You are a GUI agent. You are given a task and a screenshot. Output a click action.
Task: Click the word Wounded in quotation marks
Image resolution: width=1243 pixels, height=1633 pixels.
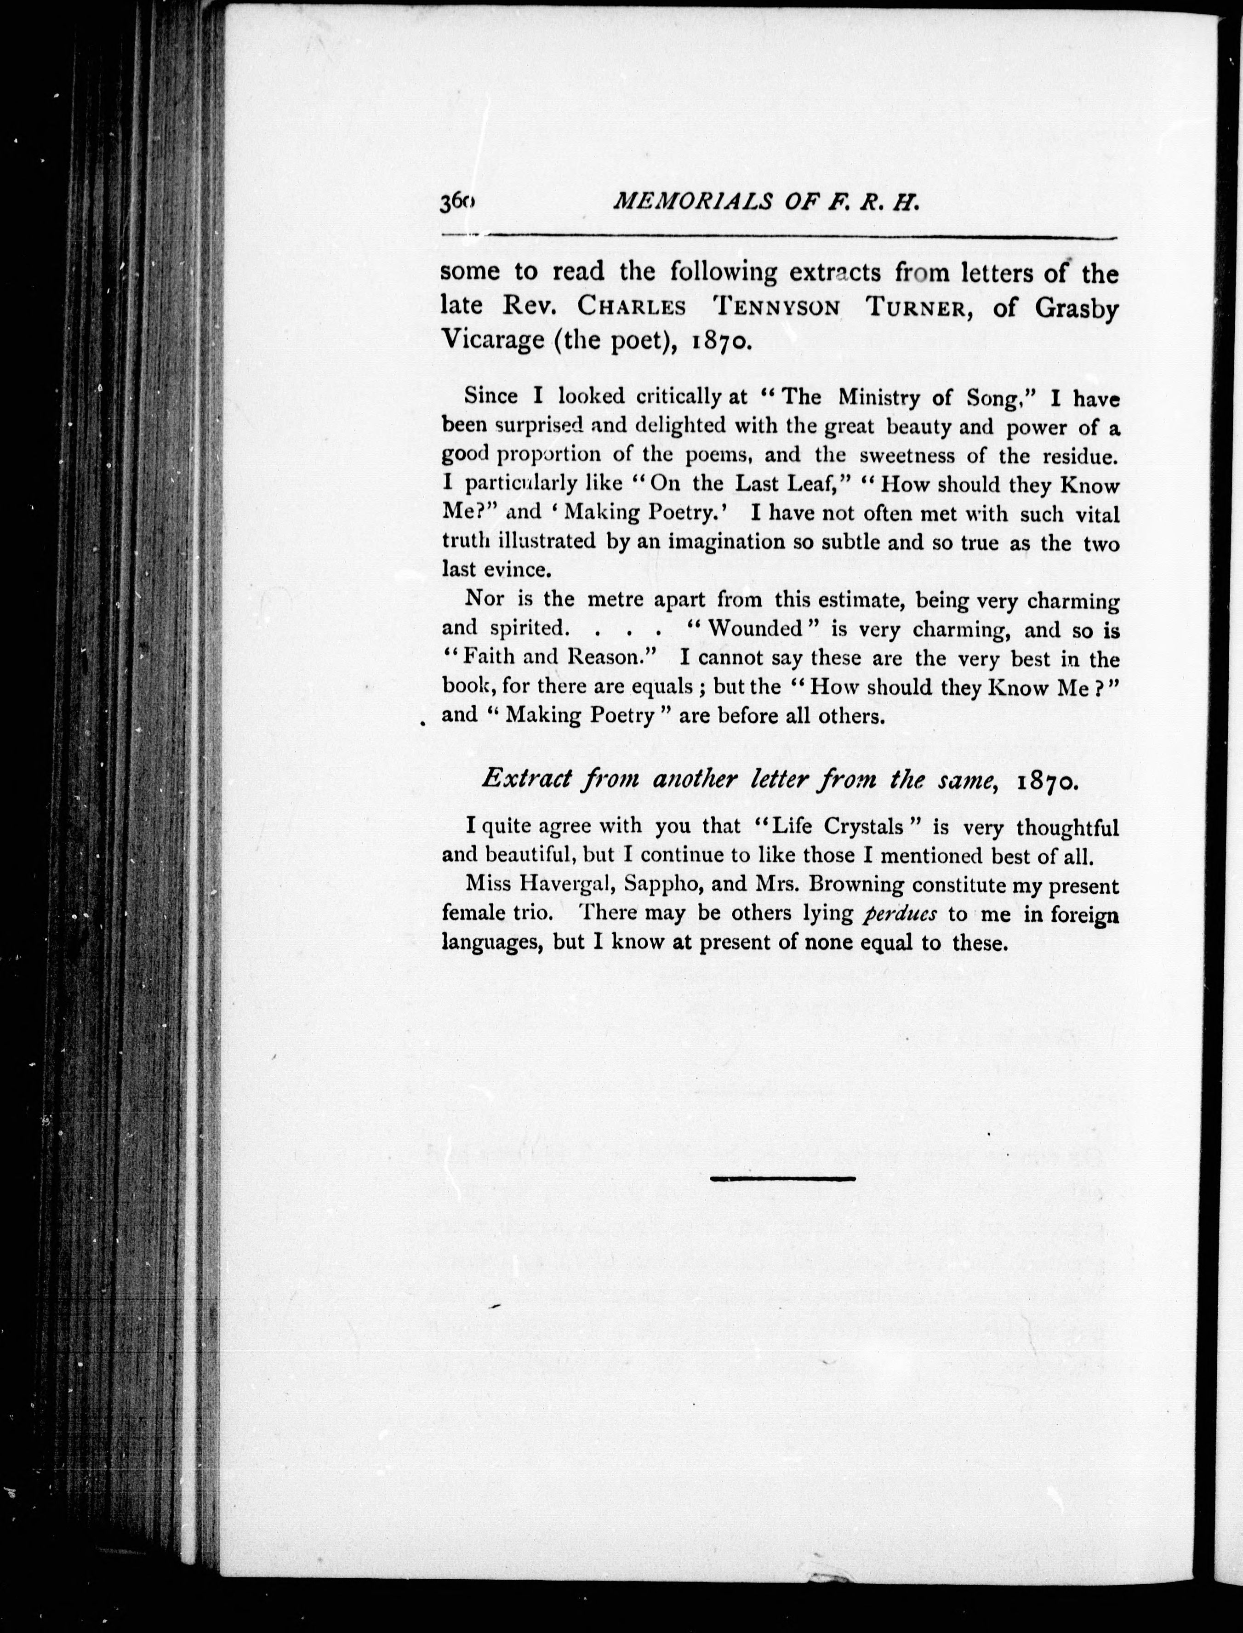(x=755, y=630)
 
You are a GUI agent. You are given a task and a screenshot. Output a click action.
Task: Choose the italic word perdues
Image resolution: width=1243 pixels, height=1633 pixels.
(x=900, y=914)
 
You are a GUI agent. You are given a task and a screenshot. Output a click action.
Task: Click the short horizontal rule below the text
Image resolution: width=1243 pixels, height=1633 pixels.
(x=782, y=1178)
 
